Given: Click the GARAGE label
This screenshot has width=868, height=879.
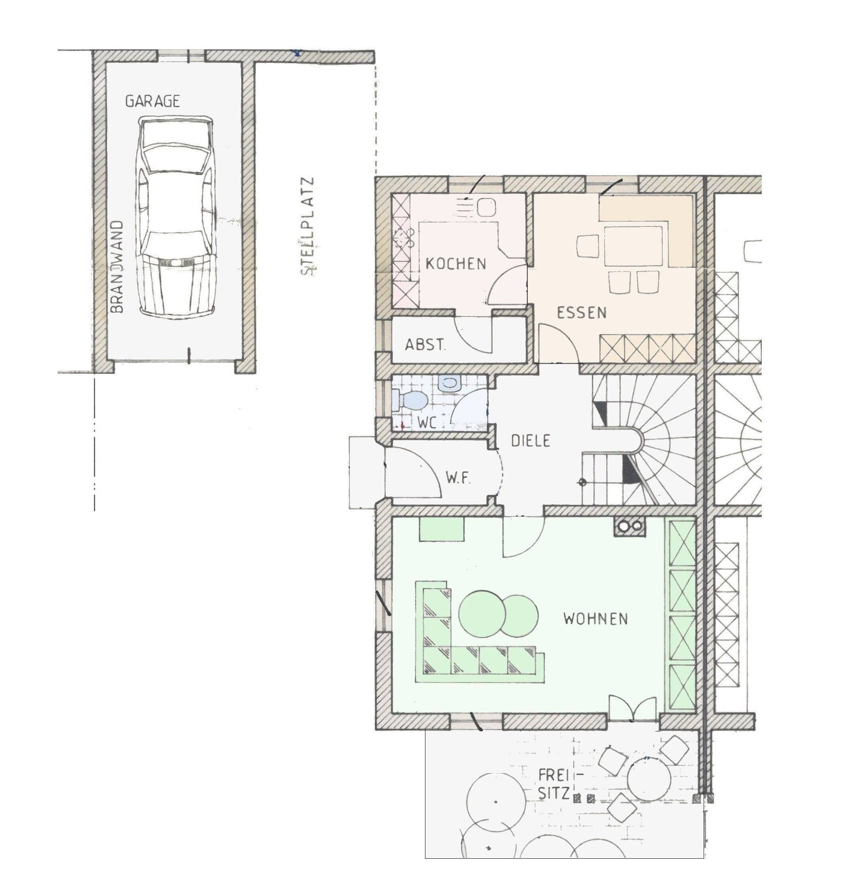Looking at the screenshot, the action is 152,101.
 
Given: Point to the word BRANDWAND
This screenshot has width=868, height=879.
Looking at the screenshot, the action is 117,267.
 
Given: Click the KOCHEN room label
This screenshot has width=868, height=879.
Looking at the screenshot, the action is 456,264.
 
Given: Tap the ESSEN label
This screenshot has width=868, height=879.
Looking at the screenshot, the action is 582,313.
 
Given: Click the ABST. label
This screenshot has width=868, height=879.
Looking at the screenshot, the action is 425,345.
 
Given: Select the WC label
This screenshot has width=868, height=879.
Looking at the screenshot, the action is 427,423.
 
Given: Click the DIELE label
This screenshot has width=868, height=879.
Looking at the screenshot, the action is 531,440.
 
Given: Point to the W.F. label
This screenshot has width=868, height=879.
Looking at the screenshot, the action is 458,478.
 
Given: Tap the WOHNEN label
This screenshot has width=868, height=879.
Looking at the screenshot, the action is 595,619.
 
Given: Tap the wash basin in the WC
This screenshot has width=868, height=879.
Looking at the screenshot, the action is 449,383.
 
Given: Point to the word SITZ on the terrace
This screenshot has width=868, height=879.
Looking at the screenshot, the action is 554,793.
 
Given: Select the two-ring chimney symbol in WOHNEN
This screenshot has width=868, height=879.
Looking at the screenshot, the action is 630,527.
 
